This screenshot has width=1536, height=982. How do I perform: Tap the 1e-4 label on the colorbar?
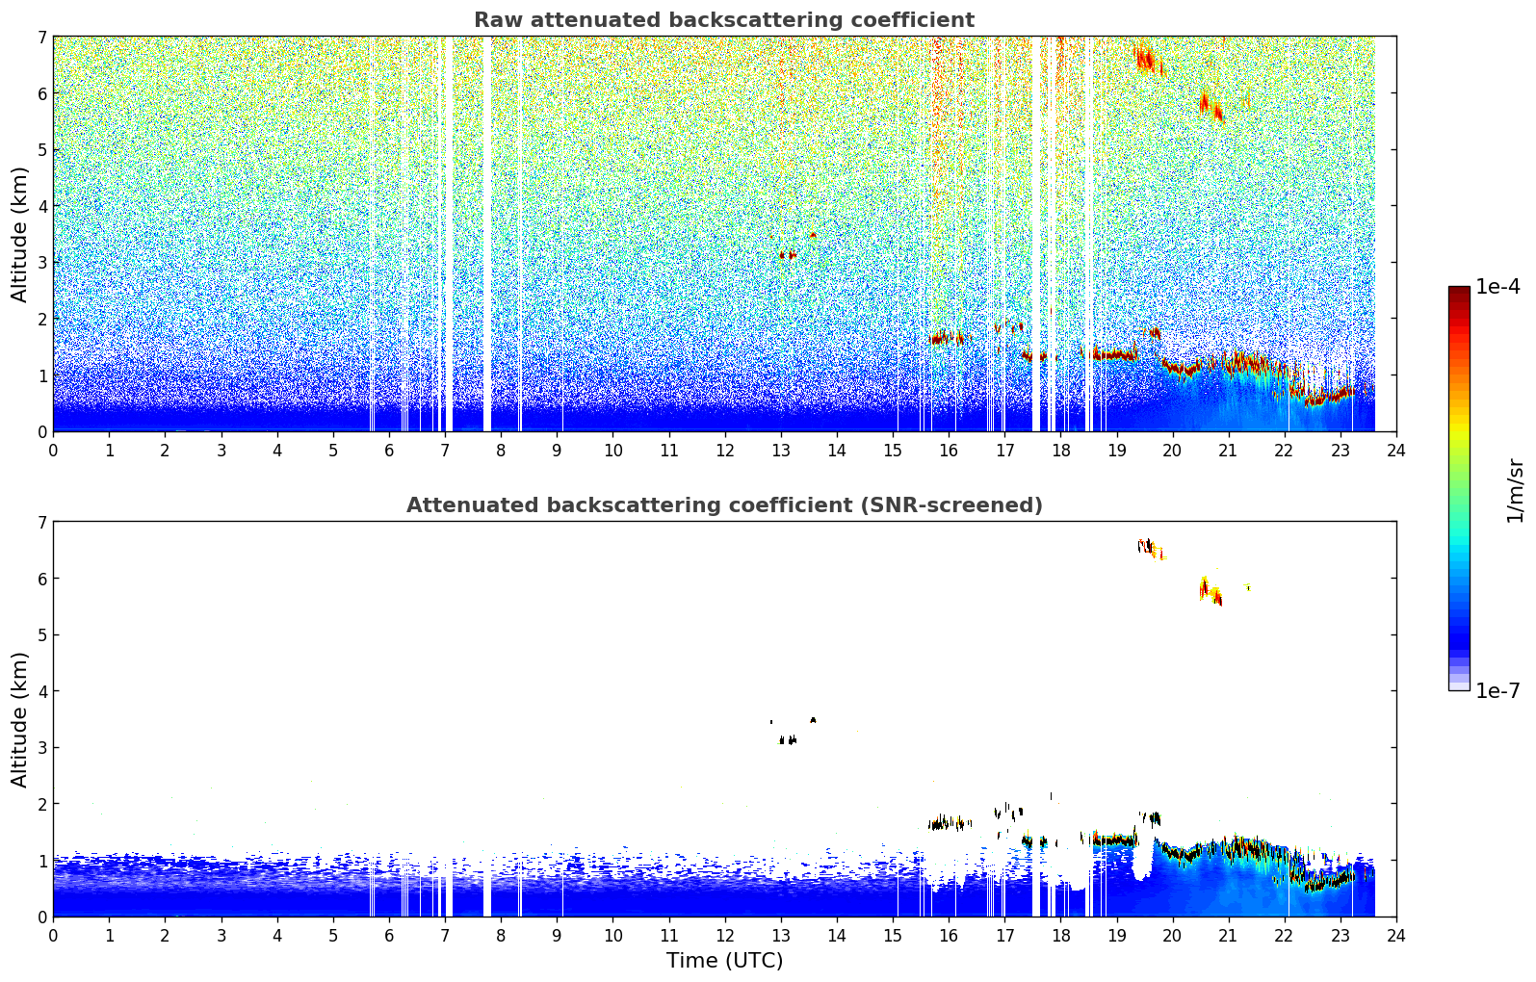[1497, 287]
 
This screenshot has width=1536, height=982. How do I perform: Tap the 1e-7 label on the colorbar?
[1497, 690]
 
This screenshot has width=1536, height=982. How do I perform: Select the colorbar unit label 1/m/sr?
[1515, 491]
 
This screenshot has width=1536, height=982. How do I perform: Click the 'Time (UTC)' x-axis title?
[724, 961]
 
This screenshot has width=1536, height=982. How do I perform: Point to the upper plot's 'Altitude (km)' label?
[20, 234]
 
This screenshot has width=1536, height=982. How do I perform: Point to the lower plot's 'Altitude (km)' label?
[20, 719]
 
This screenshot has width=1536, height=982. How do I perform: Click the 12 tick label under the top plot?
[724, 450]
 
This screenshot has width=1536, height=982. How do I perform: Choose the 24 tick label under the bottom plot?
[1395, 935]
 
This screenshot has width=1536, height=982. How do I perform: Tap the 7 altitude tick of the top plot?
[41, 38]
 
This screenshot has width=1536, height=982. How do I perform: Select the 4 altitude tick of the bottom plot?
[41, 691]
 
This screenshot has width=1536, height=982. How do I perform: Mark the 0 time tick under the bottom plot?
[53, 935]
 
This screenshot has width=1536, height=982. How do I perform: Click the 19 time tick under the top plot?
[1116, 450]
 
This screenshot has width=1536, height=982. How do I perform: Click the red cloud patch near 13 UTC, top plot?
[789, 255]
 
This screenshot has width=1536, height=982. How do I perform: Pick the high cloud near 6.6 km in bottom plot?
[1146, 546]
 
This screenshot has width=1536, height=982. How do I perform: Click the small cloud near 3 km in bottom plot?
[788, 740]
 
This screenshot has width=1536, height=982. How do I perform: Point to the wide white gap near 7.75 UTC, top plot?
[486, 231]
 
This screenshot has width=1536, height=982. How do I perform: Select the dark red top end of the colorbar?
[1458, 291]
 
